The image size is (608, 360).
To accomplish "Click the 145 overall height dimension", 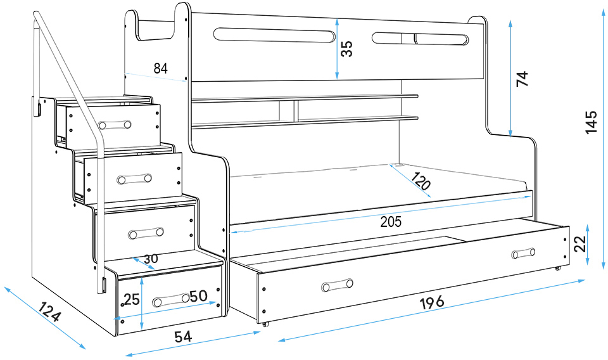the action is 592,122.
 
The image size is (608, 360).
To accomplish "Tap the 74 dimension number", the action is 522,79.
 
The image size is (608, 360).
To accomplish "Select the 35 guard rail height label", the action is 346,49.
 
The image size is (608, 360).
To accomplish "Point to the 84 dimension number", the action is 160,68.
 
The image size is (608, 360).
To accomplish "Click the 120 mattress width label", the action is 421,181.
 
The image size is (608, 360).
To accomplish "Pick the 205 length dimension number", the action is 391,222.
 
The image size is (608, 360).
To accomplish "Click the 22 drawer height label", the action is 580,244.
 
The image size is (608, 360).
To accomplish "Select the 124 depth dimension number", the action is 49,312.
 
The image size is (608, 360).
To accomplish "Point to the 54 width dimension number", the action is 183,337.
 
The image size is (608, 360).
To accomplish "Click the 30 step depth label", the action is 151,259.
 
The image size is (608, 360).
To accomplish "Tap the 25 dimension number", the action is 132,299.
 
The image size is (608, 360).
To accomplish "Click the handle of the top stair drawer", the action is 114,124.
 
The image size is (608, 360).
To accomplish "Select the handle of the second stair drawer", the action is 134,179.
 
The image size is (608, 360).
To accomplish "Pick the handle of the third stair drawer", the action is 146,233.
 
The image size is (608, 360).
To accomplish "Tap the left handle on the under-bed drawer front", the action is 337,285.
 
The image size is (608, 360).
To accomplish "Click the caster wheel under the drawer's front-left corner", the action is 265,324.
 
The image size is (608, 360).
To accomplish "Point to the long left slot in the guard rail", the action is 274,35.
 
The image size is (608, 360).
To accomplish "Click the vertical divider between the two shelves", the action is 296,110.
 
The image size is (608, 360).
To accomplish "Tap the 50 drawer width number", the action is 198,296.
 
